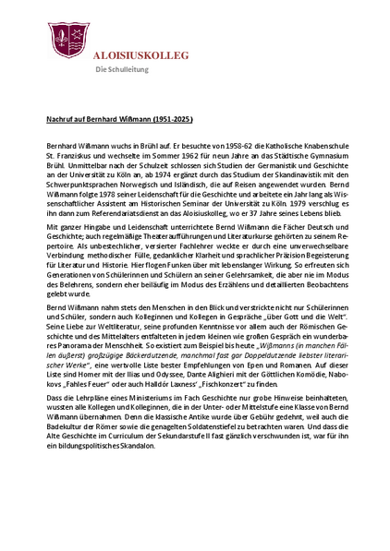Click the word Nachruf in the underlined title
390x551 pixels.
(x=61, y=119)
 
